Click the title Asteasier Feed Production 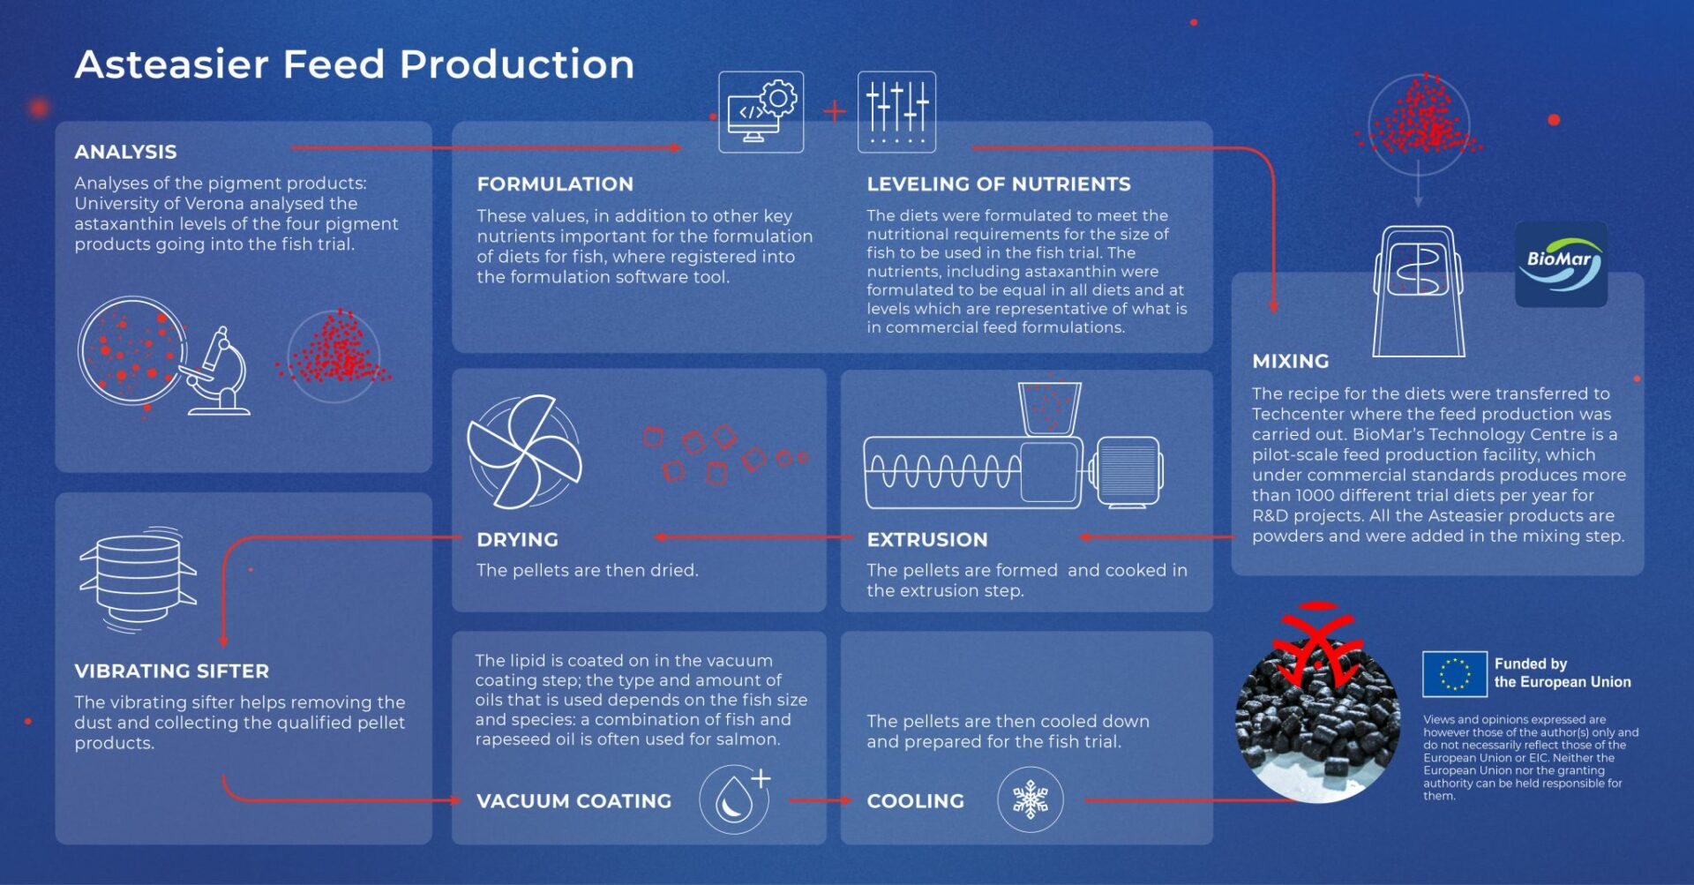click(x=355, y=64)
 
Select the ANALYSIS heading click(x=125, y=152)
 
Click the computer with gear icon click(x=761, y=112)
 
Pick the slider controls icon click(x=896, y=112)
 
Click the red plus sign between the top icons click(x=834, y=111)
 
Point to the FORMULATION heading click(x=555, y=184)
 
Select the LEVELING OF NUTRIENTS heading click(x=999, y=184)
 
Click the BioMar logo click(x=1561, y=264)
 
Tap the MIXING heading click(x=1290, y=361)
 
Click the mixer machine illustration click(x=1418, y=291)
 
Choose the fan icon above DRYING click(x=524, y=451)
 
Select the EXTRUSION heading click(x=927, y=539)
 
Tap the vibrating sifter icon click(x=138, y=580)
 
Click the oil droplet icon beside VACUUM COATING click(x=735, y=799)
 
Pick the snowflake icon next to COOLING click(x=1030, y=800)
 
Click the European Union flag click(x=1454, y=674)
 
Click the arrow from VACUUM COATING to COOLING click(x=820, y=800)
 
